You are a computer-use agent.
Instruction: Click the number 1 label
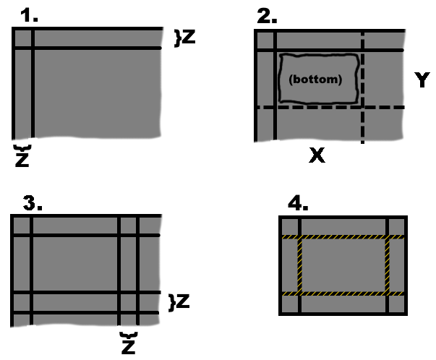(x=29, y=15)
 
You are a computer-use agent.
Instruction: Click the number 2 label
(x=267, y=17)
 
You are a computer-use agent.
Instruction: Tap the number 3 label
(x=33, y=203)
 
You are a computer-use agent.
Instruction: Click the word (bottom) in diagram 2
(x=315, y=80)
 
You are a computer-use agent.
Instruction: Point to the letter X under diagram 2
(x=317, y=155)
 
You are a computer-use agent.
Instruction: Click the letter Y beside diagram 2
(x=422, y=80)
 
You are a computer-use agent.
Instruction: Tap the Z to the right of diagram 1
(x=189, y=36)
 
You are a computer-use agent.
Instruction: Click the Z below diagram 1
(x=22, y=160)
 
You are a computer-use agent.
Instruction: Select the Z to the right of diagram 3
(x=183, y=301)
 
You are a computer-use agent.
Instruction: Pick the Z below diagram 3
(x=129, y=347)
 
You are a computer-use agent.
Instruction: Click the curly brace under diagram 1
(x=22, y=148)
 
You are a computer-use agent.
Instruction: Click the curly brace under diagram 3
(x=129, y=335)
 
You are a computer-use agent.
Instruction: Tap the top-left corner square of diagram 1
(x=23, y=38)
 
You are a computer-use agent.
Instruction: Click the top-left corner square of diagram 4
(x=290, y=227)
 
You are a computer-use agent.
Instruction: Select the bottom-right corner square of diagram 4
(x=396, y=304)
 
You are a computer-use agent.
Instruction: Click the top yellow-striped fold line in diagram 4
(x=343, y=237)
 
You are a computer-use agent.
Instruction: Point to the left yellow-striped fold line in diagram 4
(x=300, y=265)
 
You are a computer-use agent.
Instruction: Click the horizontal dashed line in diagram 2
(x=330, y=107)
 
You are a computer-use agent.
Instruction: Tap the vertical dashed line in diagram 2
(x=362, y=87)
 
